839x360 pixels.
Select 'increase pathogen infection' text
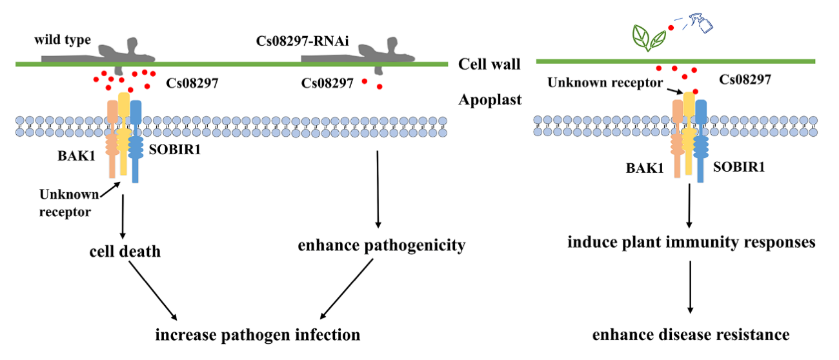click(256, 335)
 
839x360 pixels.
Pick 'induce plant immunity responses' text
click(691, 243)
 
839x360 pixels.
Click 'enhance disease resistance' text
click(691, 334)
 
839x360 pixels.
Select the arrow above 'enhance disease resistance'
click(691, 287)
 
